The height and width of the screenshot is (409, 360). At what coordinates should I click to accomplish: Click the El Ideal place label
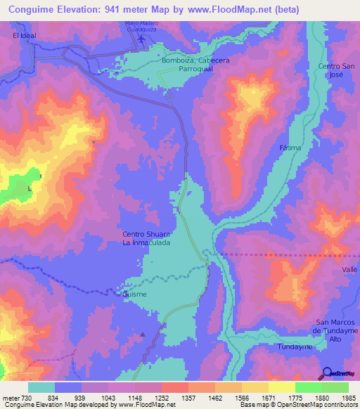(22, 34)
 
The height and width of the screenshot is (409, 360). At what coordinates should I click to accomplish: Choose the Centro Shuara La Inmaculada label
(146, 238)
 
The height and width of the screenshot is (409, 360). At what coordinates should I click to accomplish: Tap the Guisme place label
(134, 294)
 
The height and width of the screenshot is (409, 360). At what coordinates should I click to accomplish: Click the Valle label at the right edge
(349, 269)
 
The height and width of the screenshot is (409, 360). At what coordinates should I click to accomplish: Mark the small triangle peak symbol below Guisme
(143, 335)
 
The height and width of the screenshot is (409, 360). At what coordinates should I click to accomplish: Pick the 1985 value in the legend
(345, 398)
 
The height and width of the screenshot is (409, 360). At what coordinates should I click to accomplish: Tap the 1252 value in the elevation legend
(169, 398)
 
